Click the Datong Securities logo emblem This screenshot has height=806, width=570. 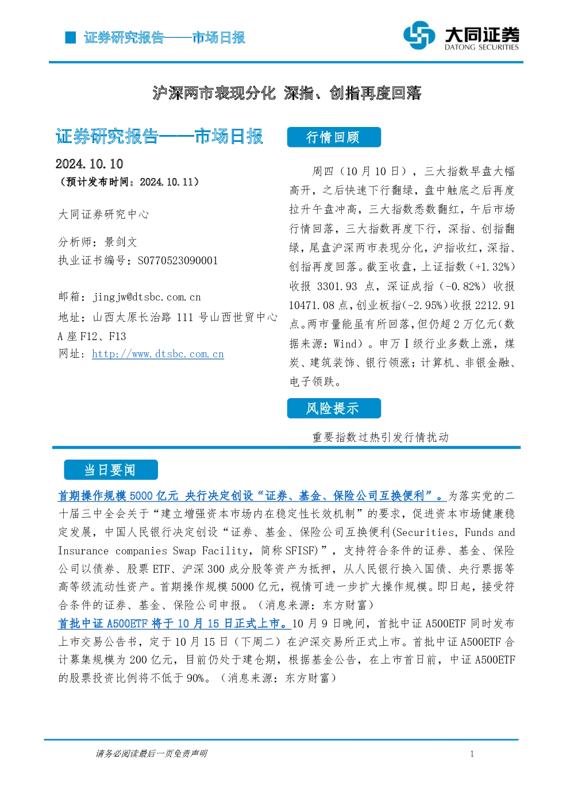pos(419,35)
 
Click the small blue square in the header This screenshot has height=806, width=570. pos(70,37)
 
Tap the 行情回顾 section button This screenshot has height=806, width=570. pos(334,137)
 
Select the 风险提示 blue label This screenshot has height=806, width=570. pos(334,408)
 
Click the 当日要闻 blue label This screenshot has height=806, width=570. pos(111,469)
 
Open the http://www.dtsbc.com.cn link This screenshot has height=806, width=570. pos(158,354)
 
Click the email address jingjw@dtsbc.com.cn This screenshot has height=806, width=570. pos(147,297)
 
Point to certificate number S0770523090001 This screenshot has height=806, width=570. pos(178,260)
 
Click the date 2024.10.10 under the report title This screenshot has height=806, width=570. pos(89,164)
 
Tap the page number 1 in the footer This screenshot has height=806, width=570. pos(472,754)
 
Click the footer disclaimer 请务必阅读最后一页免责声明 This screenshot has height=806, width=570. pos(152,754)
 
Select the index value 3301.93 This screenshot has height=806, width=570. pos(337,287)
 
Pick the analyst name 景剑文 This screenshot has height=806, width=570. pos(121,242)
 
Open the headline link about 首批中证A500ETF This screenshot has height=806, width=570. pos(174,623)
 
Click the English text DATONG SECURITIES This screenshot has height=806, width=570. pos(482,47)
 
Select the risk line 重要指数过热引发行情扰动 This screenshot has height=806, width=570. pos(380,437)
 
